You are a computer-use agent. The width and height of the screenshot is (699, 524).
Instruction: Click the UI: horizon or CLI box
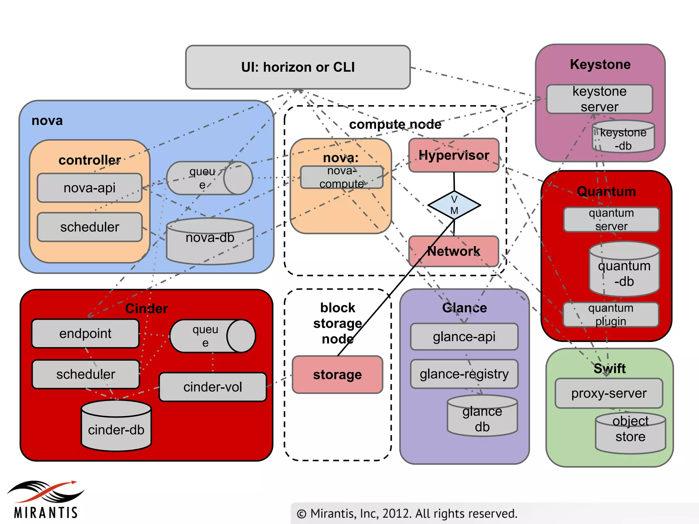click(x=298, y=67)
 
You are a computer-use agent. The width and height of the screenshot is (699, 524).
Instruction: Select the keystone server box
click(x=599, y=99)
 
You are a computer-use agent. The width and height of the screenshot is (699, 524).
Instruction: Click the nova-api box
click(x=89, y=188)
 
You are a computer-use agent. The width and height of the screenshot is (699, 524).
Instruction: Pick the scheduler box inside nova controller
click(x=89, y=227)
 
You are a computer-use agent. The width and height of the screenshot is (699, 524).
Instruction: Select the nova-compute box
click(x=342, y=177)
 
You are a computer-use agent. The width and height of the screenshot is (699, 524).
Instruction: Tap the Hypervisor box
click(x=454, y=155)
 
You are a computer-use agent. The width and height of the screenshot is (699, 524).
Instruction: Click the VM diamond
click(x=454, y=205)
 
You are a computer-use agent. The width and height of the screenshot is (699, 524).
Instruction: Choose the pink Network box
click(x=454, y=251)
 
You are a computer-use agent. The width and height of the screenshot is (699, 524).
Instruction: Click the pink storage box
click(x=337, y=375)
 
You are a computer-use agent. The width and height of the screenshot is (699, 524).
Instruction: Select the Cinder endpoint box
click(x=85, y=333)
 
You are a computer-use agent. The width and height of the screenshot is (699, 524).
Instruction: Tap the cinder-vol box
click(x=213, y=387)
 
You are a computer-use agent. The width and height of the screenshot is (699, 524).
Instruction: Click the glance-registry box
click(x=464, y=374)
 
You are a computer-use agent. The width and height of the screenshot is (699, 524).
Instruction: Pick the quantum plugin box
click(x=611, y=315)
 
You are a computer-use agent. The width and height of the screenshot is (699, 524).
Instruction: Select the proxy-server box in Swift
click(x=609, y=393)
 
